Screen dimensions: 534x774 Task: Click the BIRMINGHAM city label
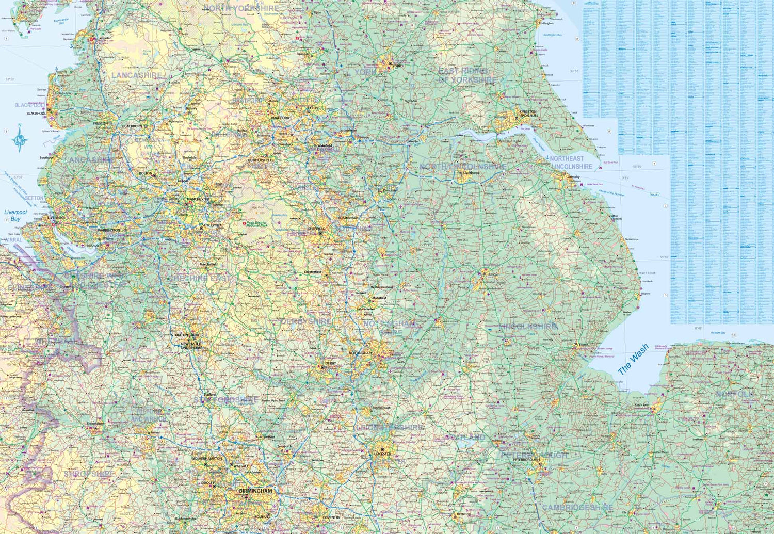255,491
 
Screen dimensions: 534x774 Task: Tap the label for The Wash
633,359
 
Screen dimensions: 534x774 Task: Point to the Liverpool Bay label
15,215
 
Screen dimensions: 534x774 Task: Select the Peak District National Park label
257,224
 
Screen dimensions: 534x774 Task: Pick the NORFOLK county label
734,394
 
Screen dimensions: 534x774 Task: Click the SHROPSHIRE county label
89,474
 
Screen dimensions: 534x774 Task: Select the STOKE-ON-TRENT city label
185,335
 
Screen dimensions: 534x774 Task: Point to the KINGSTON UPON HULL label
528,114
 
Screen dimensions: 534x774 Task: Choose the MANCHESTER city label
198,199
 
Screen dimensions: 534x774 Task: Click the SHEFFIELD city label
316,228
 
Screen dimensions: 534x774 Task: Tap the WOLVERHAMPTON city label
207,458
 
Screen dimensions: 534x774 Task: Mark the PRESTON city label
100,124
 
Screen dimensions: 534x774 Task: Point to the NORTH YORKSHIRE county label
240,8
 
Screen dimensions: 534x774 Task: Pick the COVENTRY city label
331,517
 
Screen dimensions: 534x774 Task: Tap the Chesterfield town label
313,272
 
